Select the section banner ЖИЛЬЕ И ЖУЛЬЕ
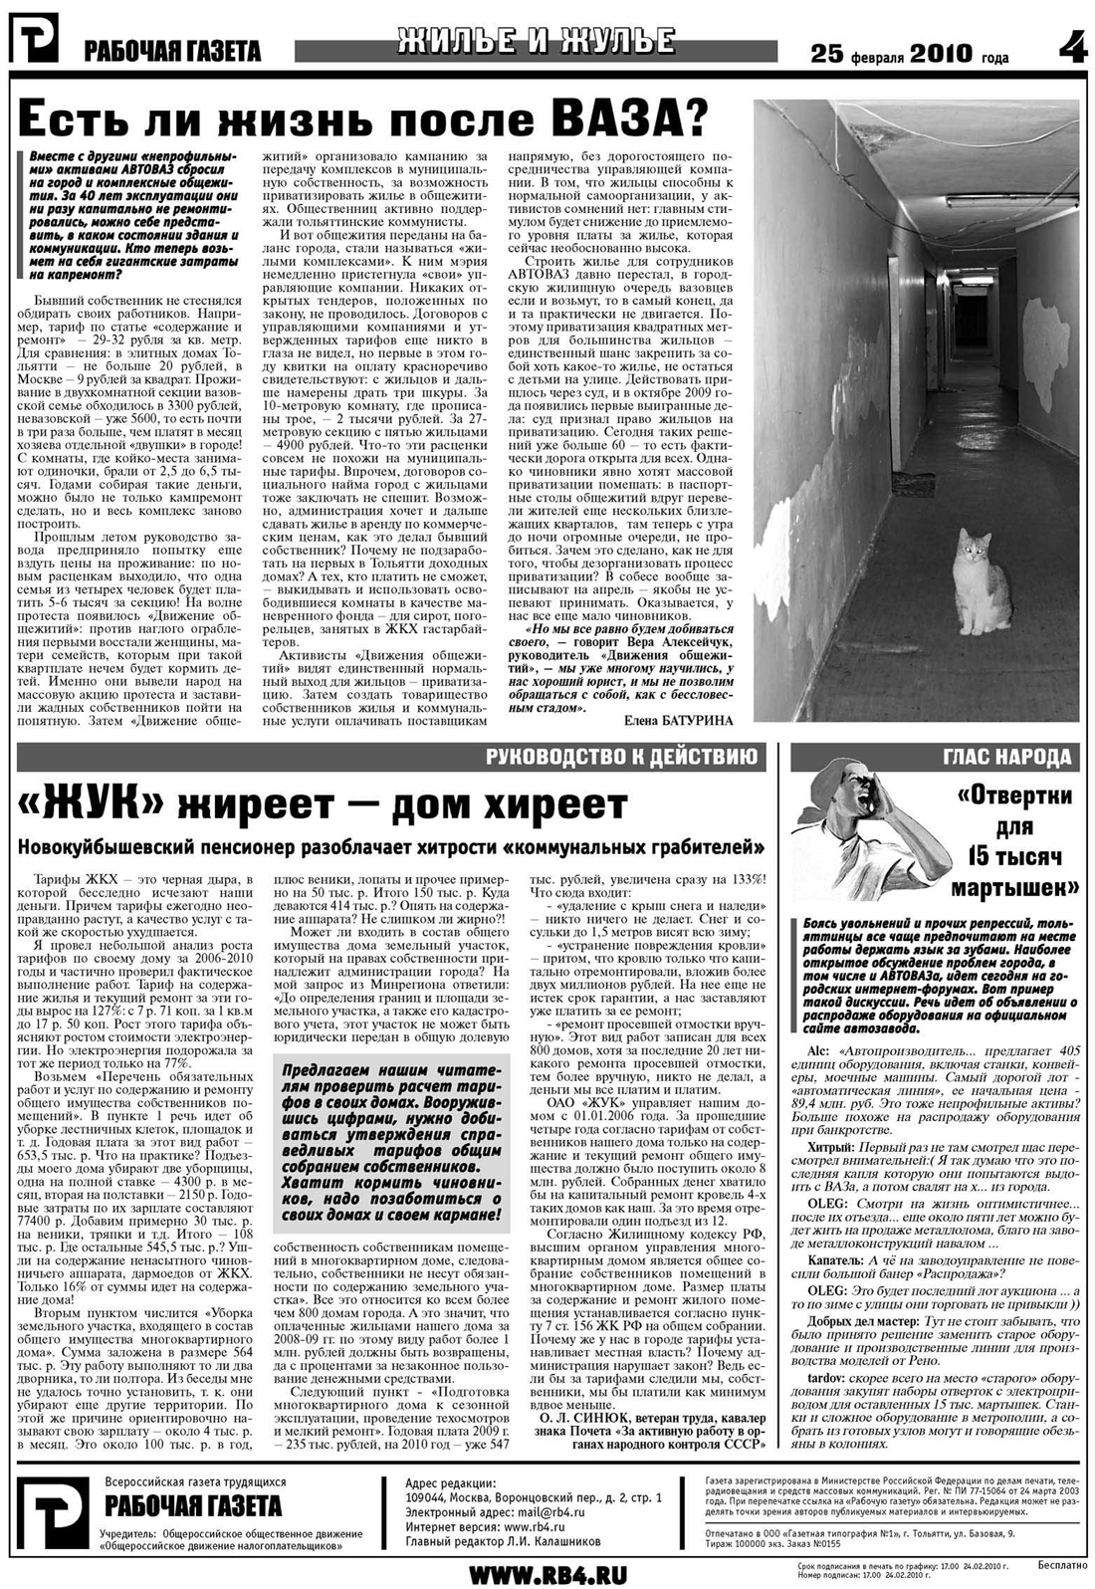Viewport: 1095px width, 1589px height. [x=536, y=42]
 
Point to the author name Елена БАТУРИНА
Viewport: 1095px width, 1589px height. [x=678, y=720]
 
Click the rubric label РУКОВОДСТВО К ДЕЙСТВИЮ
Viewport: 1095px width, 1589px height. [x=624, y=757]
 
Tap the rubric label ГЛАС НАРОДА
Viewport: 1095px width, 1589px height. [x=1006, y=758]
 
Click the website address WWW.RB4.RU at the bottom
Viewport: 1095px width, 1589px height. [x=547, y=1573]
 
